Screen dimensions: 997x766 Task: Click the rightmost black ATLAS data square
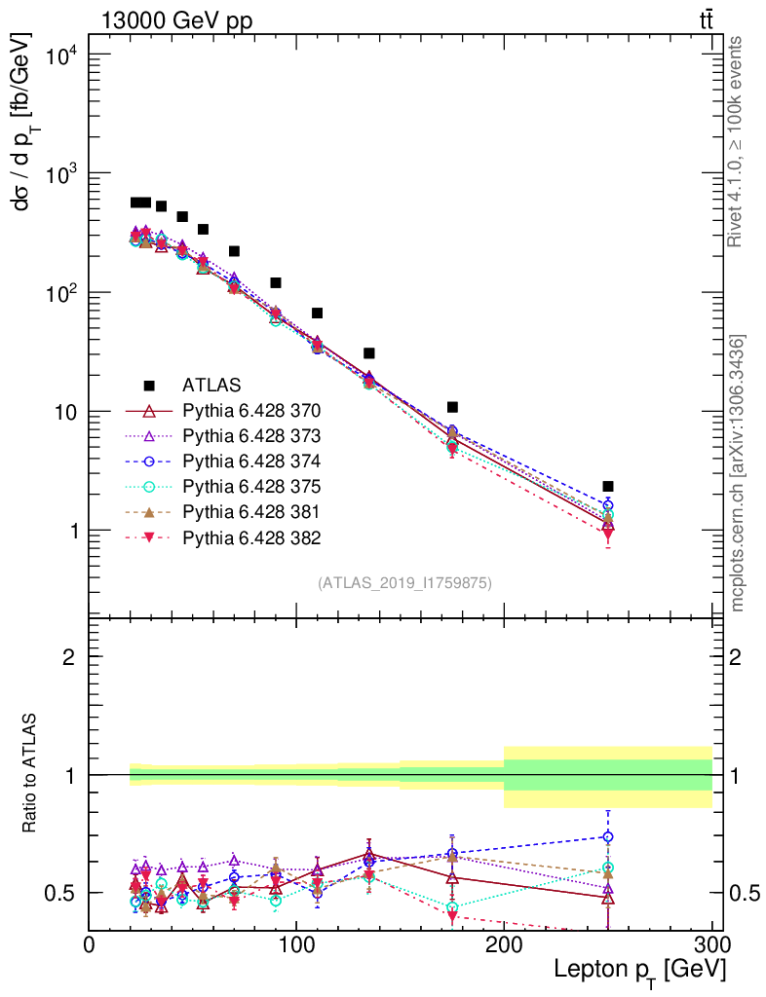click(608, 486)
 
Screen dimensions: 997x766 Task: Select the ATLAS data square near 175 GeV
click(452, 407)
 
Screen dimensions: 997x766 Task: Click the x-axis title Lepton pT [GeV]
click(639, 972)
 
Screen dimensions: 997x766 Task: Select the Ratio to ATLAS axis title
click(30, 774)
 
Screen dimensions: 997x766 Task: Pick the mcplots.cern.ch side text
click(739, 473)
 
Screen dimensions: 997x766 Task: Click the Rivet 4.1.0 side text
click(738, 142)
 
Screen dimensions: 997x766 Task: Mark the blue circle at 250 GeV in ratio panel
click(608, 836)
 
